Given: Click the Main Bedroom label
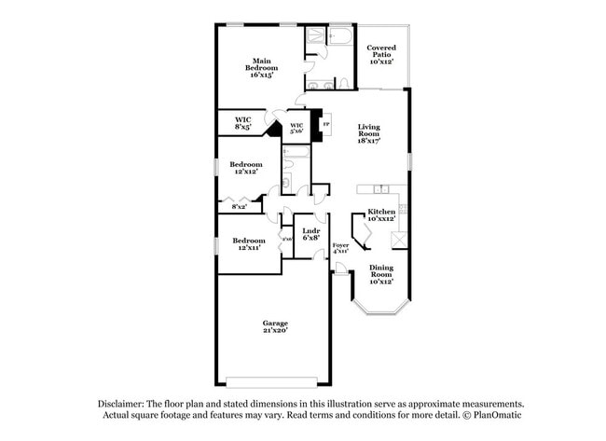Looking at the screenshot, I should tap(260, 68).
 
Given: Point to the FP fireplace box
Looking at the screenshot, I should tap(325, 124).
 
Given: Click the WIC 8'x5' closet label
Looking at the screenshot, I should tap(242, 123).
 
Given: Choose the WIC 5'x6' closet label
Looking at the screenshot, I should tap(296, 129).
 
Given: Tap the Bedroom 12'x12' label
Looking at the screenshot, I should tap(248, 169).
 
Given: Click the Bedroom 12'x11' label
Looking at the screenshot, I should tap(248, 244).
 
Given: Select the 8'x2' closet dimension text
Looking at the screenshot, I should tap(227, 206).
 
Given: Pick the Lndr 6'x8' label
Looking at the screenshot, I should tap(311, 234).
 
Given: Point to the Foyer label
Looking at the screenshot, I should tap(340, 248).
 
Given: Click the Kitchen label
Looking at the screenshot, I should tap(381, 215).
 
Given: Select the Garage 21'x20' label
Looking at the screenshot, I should tap(274, 326).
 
